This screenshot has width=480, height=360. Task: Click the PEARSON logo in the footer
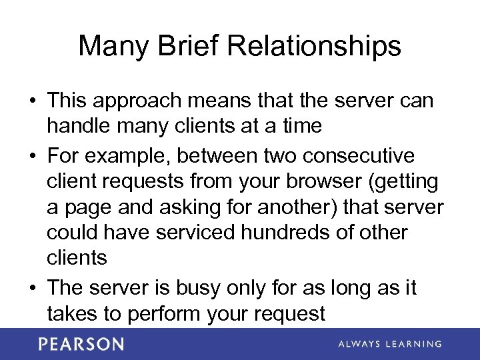81,344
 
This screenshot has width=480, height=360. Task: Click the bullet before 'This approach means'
33,102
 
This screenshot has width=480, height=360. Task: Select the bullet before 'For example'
33,157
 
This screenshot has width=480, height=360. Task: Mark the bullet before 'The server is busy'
33,289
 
